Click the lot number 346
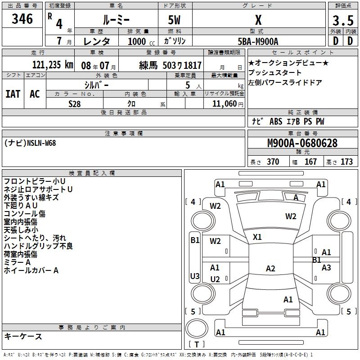[x=22, y=19]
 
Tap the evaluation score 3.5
[x=342, y=21]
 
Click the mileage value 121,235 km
[x=53, y=65]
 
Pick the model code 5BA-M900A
[x=258, y=41]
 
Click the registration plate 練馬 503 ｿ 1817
[x=171, y=65]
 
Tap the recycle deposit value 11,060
[x=224, y=103]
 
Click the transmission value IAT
[x=13, y=94]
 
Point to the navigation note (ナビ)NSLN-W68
[x=30, y=143]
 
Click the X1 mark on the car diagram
[x=257, y=237]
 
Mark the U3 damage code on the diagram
[x=194, y=276]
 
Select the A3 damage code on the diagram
[x=326, y=268]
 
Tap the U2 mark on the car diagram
[x=215, y=279]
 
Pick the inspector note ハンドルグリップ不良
[x=38, y=246]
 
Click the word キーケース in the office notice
[x=23, y=336]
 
